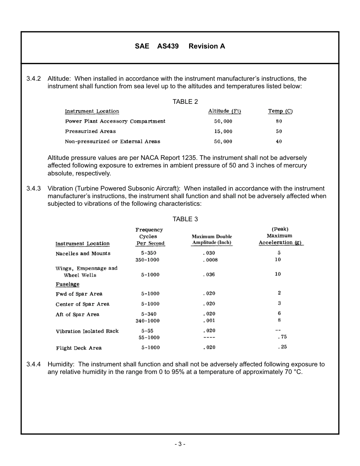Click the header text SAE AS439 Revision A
(180, 46)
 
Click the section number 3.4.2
(33, 79)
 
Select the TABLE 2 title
(185, 102)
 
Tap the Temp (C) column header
(280, 111)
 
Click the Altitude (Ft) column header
(224, 111)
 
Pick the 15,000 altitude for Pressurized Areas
(223, 131)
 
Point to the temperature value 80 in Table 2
(279, 121)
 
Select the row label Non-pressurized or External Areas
(113, 142)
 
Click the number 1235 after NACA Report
(190, 158)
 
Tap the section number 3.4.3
(33, 189)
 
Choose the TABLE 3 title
(185, 219)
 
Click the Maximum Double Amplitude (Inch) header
(211, 239)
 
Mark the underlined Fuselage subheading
(67, 284)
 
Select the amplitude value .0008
(210, 260)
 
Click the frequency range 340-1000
(147, 321)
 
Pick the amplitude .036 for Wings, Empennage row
(209, 275)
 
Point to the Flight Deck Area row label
(78, 348)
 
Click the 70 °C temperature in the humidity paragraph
(293, 372)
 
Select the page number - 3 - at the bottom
(180, 444)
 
